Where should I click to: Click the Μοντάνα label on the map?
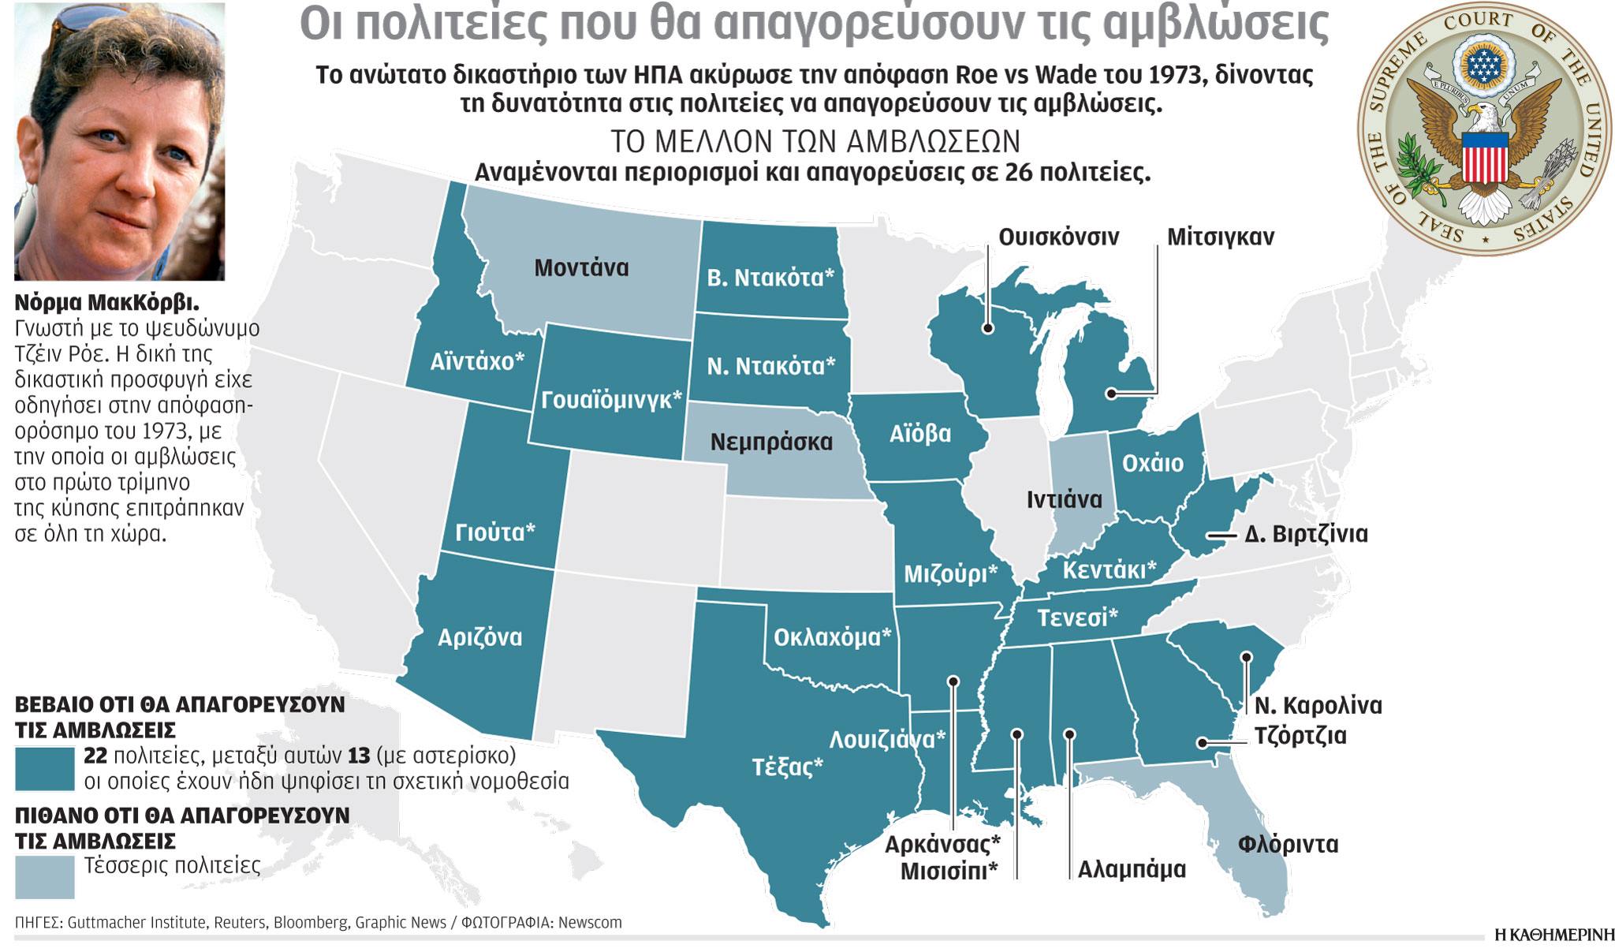[581, 268]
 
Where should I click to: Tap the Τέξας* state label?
[787, 767]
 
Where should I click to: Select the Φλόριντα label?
[1288, 845]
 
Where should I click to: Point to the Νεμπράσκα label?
[771, 442]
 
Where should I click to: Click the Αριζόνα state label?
[479, 637]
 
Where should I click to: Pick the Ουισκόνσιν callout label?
[1058, 237]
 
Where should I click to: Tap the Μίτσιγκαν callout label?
[1220, 237]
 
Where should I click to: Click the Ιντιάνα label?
[1064, 500]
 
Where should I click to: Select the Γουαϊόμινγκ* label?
[611, 400]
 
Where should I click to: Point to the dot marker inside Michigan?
[1110, 393]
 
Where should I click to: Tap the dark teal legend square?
[45, 769]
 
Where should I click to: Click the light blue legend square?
[45, 877]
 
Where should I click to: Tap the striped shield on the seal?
[1485, 158]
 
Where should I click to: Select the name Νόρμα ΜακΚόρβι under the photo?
[106, 303]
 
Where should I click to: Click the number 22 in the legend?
[95, 756]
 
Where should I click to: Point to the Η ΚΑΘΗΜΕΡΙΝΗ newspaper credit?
[1553, 935]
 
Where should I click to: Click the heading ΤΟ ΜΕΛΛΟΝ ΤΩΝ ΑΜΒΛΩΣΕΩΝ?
[815, 142]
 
